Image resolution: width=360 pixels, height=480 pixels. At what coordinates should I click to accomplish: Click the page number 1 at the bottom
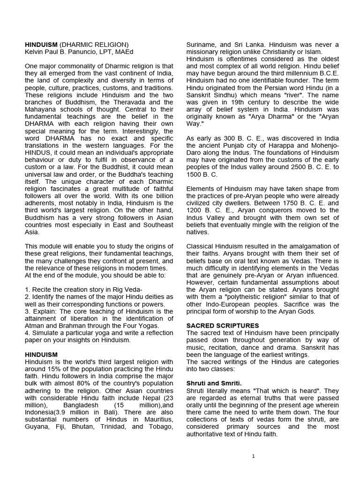(253, 456)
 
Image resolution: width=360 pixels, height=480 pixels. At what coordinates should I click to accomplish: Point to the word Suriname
(202, 45)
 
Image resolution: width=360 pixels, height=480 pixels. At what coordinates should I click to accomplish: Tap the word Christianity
(292, 52)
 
